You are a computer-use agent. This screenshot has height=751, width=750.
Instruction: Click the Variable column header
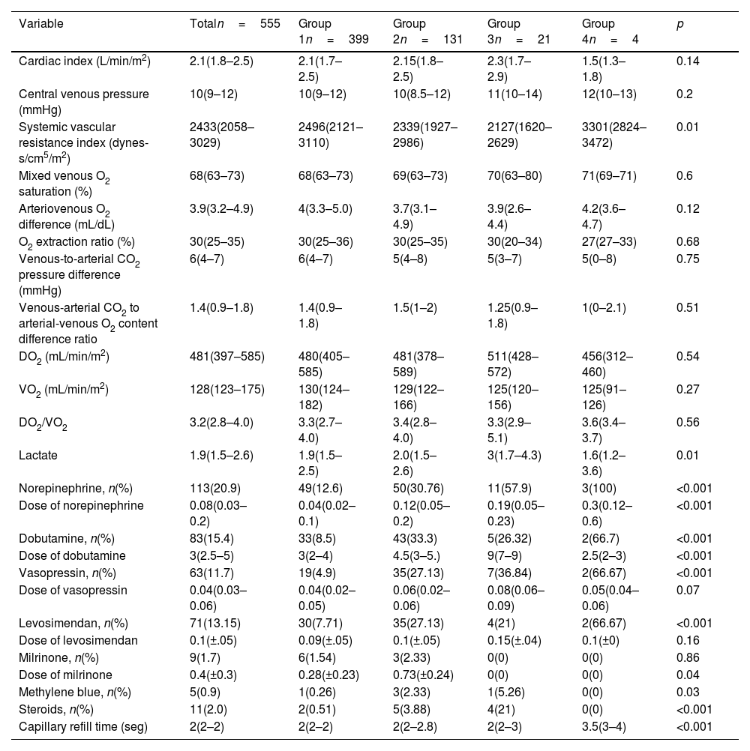(x=40, y=24)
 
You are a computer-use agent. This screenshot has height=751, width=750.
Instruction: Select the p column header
(x=679, y=24)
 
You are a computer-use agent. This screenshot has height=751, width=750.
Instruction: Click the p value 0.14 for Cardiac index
(x=688, y=61)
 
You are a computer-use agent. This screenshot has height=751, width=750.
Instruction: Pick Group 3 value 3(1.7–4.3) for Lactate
(x=516, y=456)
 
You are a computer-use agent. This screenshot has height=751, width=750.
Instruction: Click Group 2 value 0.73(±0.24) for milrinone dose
(x=424, y=675)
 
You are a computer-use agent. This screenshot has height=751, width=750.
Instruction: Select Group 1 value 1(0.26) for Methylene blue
(x=320, y=692)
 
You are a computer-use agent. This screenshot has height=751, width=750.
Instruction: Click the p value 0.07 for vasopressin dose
(x=688, y=591)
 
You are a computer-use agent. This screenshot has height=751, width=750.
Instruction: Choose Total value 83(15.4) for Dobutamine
(x=212, y=539)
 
